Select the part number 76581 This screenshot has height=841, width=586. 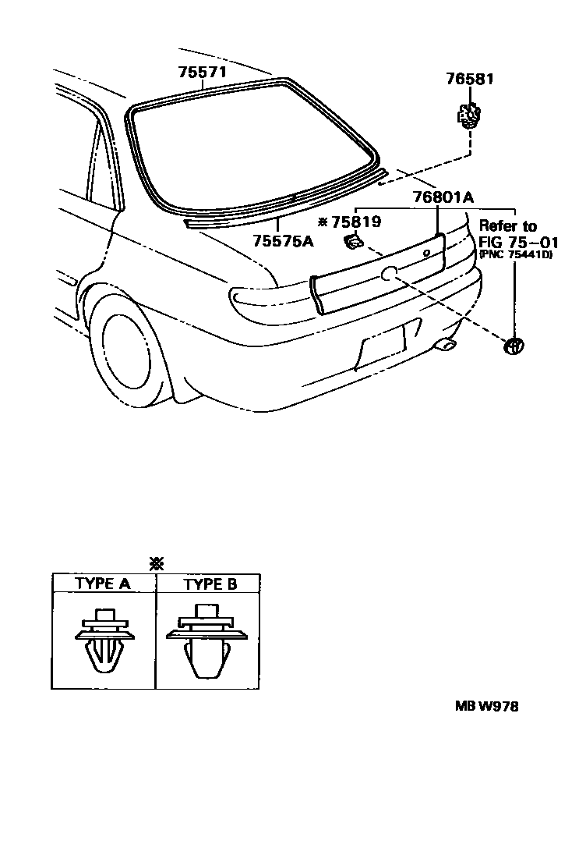pos(470,80)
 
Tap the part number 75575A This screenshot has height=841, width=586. pos(282,241)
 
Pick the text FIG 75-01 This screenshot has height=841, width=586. pos(509,240)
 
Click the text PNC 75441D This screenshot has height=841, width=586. pos(515,254)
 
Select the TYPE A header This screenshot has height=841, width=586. pos(103,584)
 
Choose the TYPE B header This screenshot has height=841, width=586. pos(210,584)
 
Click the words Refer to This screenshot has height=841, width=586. pos(507,226)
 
